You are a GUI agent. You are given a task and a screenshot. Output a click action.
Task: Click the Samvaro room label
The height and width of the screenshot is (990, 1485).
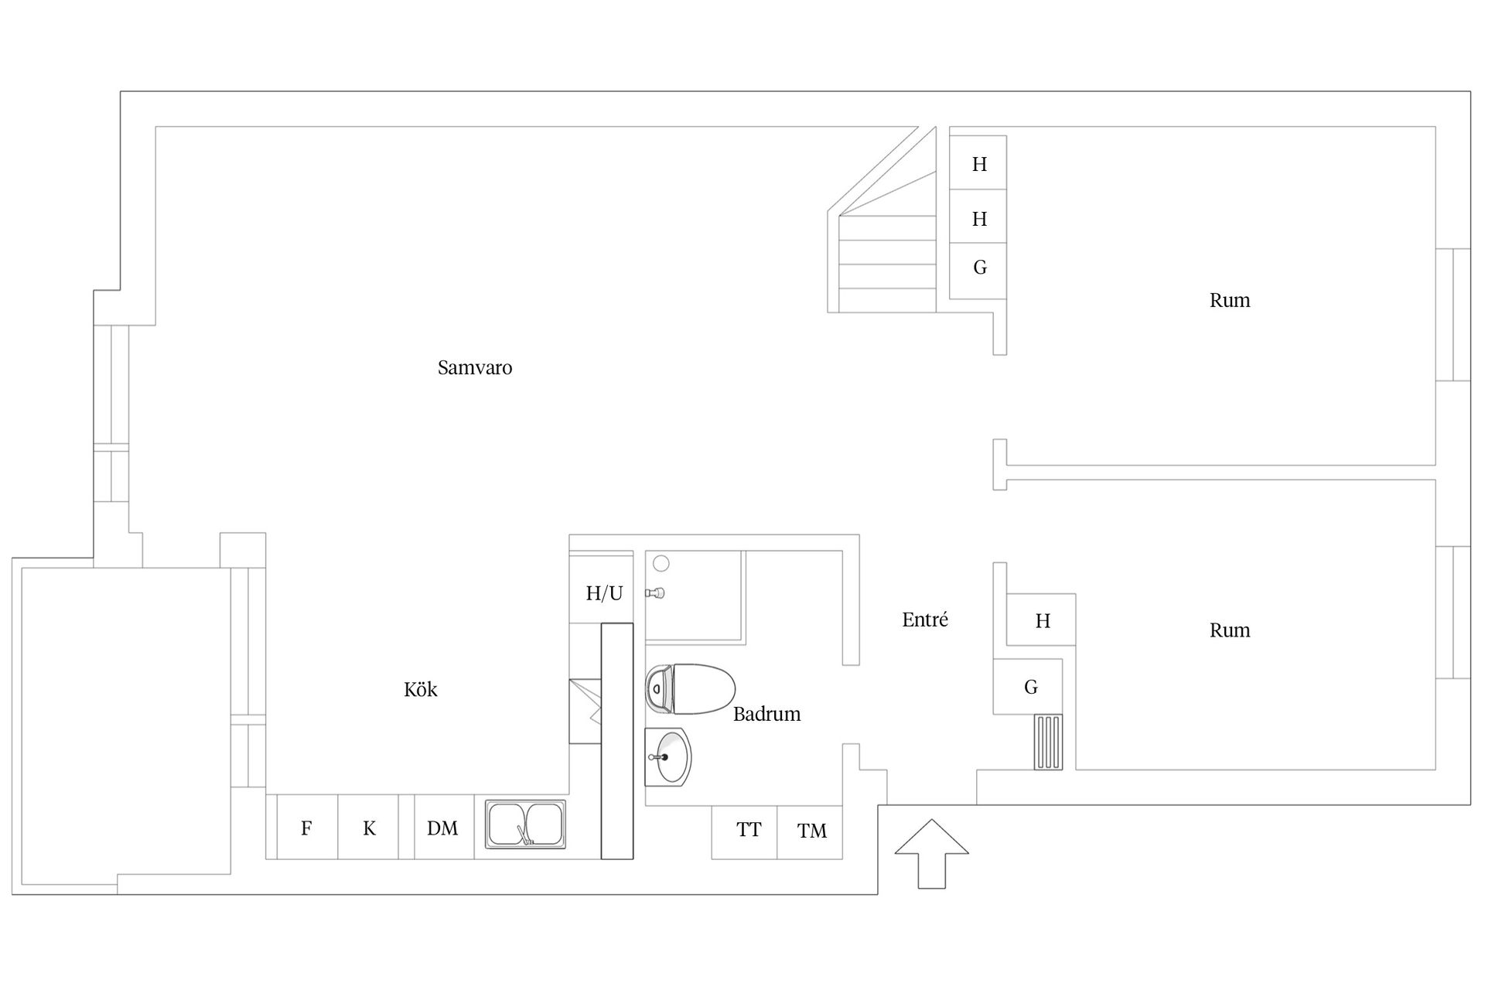click(475, 367)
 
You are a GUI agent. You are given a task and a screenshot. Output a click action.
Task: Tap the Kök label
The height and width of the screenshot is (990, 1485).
click(421, 689)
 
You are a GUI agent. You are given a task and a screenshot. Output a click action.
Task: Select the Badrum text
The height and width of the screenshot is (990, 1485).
click(766, 714)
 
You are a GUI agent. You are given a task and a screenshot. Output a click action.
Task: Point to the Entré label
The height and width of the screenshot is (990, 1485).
click(925, 620)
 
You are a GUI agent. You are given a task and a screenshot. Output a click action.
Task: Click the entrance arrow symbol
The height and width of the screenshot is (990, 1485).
click(932, 853)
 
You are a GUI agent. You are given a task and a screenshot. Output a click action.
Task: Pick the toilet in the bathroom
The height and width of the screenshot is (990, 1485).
click(690, 688)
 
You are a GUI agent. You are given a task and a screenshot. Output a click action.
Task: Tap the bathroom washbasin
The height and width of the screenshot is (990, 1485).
click(668, 757)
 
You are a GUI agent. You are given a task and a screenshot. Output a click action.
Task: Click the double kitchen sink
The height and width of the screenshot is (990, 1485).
click(526, 824)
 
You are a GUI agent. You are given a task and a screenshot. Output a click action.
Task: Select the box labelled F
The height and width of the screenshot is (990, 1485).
click(307, 827)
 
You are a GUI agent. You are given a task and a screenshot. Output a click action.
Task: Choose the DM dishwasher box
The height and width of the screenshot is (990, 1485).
click(444, 827)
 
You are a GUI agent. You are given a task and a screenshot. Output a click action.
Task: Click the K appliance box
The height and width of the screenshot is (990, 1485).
click(368, 827)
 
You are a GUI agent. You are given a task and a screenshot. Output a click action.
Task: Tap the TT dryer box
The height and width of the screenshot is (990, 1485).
click(744, 832)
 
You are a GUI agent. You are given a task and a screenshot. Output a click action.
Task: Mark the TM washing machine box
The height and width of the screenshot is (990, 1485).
click(810, 832)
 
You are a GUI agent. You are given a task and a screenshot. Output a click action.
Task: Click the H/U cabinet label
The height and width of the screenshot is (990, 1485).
click(604, 593)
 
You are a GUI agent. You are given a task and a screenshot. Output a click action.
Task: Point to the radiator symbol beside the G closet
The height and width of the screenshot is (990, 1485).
click(1049, 742)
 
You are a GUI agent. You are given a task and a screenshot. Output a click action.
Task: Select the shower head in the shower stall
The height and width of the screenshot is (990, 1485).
click(656, 593)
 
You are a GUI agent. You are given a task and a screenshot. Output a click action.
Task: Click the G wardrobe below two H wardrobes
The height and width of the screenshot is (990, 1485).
click(978, 271)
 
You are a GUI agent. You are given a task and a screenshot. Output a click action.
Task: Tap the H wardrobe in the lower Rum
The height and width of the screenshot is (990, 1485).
click(1041, 620)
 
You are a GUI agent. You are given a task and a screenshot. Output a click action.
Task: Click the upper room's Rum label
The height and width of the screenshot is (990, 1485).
click(1230, 300)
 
